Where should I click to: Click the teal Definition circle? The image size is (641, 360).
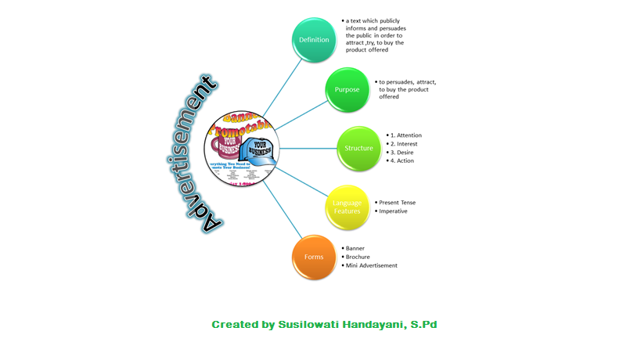[x=314, y=39]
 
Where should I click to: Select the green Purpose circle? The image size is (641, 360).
[x=347, y=89]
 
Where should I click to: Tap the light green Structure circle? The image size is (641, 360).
[x=358, y=148]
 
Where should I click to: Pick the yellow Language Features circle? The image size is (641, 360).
[x=347, y=207]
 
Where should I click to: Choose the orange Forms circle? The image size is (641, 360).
[x=314, y=257]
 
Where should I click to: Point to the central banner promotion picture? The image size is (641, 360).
[x=242, y=148]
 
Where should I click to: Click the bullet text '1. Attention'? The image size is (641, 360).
[x=407, y=135]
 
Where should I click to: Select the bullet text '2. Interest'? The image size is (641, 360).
[x=405, y=144]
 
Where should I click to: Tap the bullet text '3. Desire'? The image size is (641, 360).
[x=403, y=153]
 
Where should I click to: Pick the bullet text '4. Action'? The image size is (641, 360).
[x=403, y=161]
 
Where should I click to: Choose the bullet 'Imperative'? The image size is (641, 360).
[x=393, y=211]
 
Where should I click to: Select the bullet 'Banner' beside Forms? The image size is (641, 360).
[x=355, y=248]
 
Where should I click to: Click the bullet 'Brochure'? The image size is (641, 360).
[x=358, y=257]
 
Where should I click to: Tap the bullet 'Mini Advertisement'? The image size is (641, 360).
[x=372, y=265]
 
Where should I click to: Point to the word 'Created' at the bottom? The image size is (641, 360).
[x=233, y=324]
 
